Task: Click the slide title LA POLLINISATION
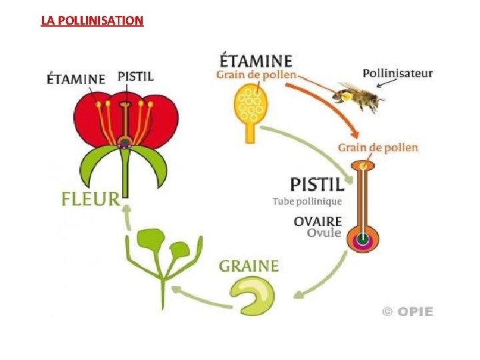click(92, 20)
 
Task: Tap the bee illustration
click(361, 97)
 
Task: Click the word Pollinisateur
click(397, 73)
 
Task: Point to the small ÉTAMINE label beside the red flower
click(76, 78)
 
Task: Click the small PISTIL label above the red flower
click(135, 76)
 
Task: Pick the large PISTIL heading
click(317, 183)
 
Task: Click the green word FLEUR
click(91, 198)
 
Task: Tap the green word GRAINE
click(249, 266)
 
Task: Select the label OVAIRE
click(318, 221)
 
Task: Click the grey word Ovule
click(324, 233)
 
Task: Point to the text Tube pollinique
click(307, 201)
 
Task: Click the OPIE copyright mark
click(407, 311)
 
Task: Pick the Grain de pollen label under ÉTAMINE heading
click(256, 75)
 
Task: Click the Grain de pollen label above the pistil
click(377, 147)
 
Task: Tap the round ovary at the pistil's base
click(363, 239)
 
